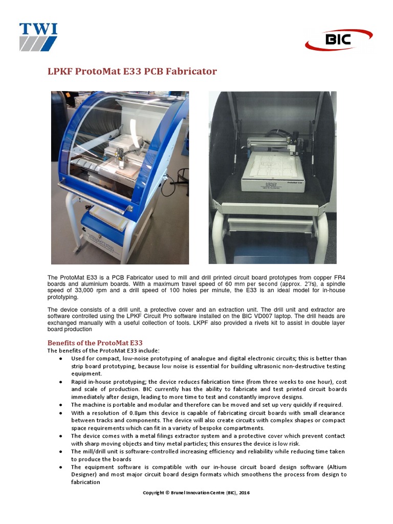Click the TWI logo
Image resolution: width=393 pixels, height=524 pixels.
[x=38, y=36]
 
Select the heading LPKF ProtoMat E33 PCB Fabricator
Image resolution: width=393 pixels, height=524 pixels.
[x=132, y=71]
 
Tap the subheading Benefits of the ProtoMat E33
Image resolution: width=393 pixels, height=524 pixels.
[x=95, y=342]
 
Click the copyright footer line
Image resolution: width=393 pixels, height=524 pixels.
[x=196, y=492]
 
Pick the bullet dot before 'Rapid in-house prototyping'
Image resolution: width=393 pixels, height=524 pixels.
[x=61, y=382]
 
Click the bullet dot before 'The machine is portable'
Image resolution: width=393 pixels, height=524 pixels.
[x=61, y=405]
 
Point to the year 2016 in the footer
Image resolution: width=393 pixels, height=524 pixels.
[x=243, y=492]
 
